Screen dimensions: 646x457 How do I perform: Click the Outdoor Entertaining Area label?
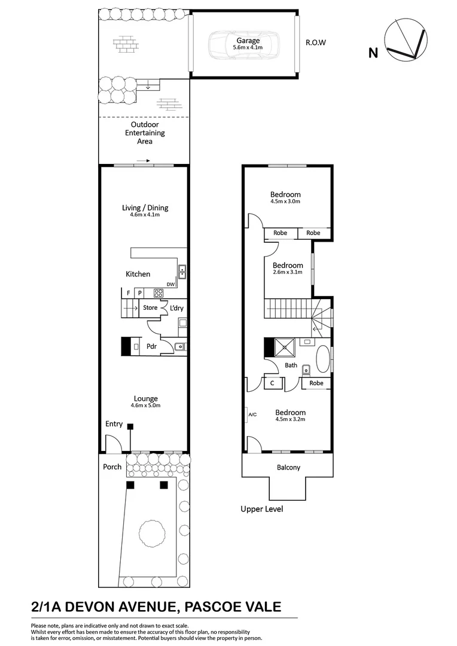tap(145, 133)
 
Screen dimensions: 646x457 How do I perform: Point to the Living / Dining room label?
tap(145, 208)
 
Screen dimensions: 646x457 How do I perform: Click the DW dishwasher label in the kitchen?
tap(170, 285)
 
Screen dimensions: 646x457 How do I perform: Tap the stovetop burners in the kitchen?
tap(159, 293)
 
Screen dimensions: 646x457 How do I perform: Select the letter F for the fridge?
tap(128, 293)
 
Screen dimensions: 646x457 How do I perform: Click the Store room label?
tap(150, 308)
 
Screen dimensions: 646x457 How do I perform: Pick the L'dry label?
tap(176, 308)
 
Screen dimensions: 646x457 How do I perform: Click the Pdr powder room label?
tap(152, 346)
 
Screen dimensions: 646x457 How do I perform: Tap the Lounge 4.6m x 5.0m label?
tap(145, 401)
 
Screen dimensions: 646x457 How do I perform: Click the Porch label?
tap(112, 467)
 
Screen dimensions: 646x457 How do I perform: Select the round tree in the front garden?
tap(150, 531)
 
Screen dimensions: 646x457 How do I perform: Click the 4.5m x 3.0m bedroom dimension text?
tap(285, 202)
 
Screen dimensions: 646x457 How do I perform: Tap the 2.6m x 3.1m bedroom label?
tap(288, 268)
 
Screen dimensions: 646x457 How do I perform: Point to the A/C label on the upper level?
tap(252, 414)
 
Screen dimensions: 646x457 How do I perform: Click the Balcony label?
tap(288, 468)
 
